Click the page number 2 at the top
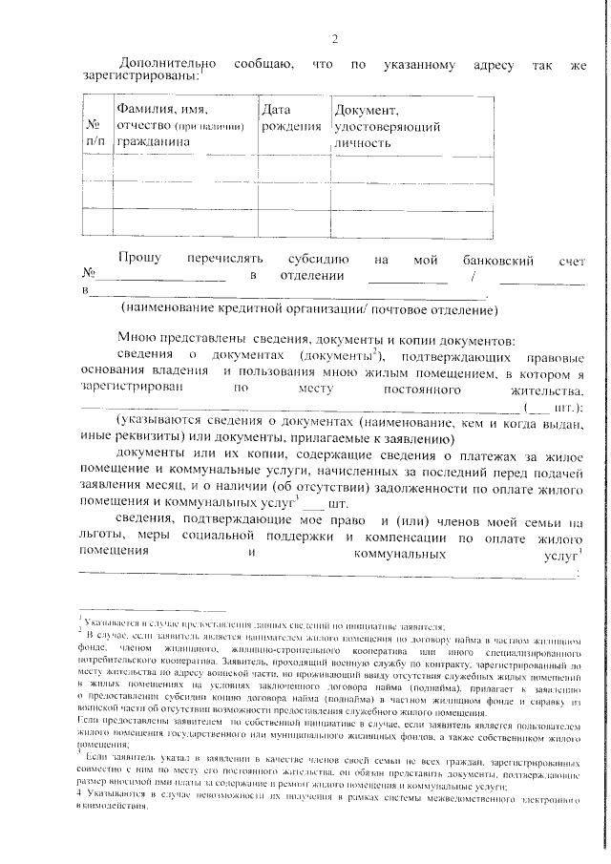click(x=334, y=39)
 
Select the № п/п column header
click(x=95, y=133)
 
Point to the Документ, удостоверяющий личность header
click(x=386, y=126)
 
